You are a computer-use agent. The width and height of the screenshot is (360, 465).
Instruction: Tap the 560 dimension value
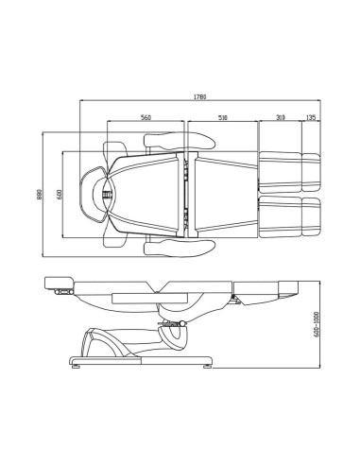(146, 118)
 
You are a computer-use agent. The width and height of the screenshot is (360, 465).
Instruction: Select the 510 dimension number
(222, 118)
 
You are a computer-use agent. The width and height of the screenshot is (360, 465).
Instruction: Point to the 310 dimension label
(281, 118)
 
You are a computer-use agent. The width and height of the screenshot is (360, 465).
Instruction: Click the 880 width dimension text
(42, 194)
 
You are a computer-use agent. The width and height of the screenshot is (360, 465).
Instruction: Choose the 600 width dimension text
(59, 194)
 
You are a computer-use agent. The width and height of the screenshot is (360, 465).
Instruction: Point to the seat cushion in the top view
(223, 194)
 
